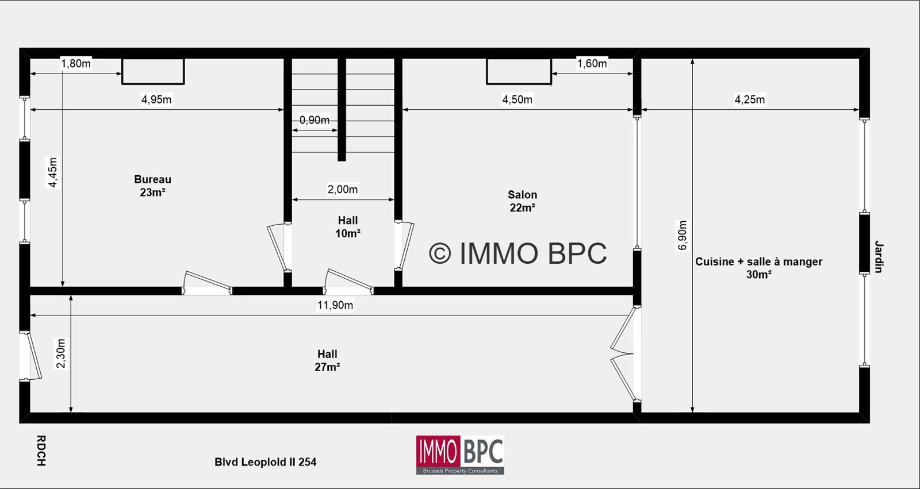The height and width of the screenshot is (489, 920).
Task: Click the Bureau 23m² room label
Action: pos(152,186)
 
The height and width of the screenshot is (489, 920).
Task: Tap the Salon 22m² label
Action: pos(522,201)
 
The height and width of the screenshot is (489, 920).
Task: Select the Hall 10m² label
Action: pos(348,226)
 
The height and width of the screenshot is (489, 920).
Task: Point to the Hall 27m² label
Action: pos(327,360)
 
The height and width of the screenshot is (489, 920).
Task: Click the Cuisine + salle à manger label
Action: pos(758,268)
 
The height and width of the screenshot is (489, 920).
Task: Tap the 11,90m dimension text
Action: pos(335,305)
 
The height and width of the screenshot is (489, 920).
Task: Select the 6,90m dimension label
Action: pos(682,235)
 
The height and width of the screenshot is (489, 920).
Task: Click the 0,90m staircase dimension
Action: pos(314,120)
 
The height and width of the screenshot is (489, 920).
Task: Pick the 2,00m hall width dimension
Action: pos(342,189)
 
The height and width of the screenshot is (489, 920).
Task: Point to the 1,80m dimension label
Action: pos(75,64)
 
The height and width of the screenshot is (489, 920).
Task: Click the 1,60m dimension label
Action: pos(592,64)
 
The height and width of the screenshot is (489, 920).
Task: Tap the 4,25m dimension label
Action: pos(750,99)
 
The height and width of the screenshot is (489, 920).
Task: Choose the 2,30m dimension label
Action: pos(60,353)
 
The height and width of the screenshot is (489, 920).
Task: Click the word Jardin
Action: pos(879,257)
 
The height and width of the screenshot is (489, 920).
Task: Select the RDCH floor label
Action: pos(41,451)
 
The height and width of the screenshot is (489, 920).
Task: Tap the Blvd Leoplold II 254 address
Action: pos(265,462)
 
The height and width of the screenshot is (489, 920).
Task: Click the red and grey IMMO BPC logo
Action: pos(460,455)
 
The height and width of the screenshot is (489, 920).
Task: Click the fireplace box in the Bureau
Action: pos(153,71)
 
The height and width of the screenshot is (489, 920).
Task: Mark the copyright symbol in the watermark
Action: pos(440,253)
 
